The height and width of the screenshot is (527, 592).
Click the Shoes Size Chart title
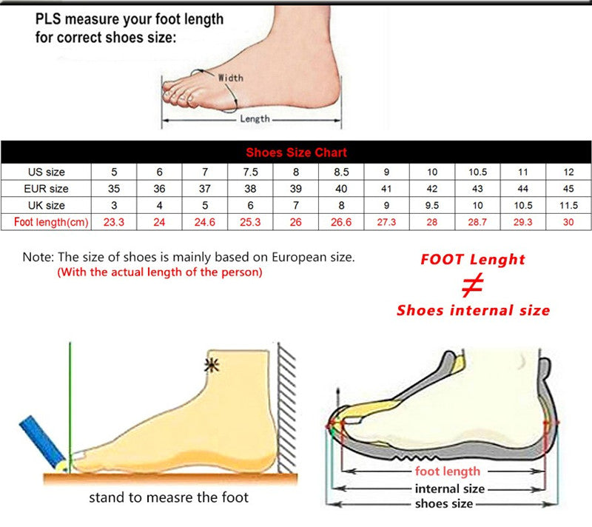coord(296,152)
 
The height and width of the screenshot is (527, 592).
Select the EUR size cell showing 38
coord(251,189)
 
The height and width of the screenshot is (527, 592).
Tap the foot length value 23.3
coord(114,221)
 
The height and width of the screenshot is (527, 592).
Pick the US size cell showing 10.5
coord(477,172)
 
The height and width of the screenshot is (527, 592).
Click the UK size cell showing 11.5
coord(569,205)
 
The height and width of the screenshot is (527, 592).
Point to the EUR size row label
coord(46,189)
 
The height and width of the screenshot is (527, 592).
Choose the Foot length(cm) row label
coord(46,221)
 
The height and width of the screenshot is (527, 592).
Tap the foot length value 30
coord(569,221)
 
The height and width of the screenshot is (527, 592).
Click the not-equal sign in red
coord(472,285)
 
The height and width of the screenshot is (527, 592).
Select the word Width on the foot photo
coord(230,77)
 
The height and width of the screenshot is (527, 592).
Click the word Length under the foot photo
coord(255,118)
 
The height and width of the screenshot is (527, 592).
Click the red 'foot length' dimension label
coord(448,471)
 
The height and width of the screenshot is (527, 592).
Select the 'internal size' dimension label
coord(449,489)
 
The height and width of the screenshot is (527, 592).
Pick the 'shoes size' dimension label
coord(444,504)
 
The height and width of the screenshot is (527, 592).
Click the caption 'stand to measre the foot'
coord(169,497)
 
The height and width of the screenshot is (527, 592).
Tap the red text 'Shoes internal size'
coord(473,310)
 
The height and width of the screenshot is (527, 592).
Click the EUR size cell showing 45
coord(569,189)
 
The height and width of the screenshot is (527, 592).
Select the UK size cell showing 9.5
coord(433,205)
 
